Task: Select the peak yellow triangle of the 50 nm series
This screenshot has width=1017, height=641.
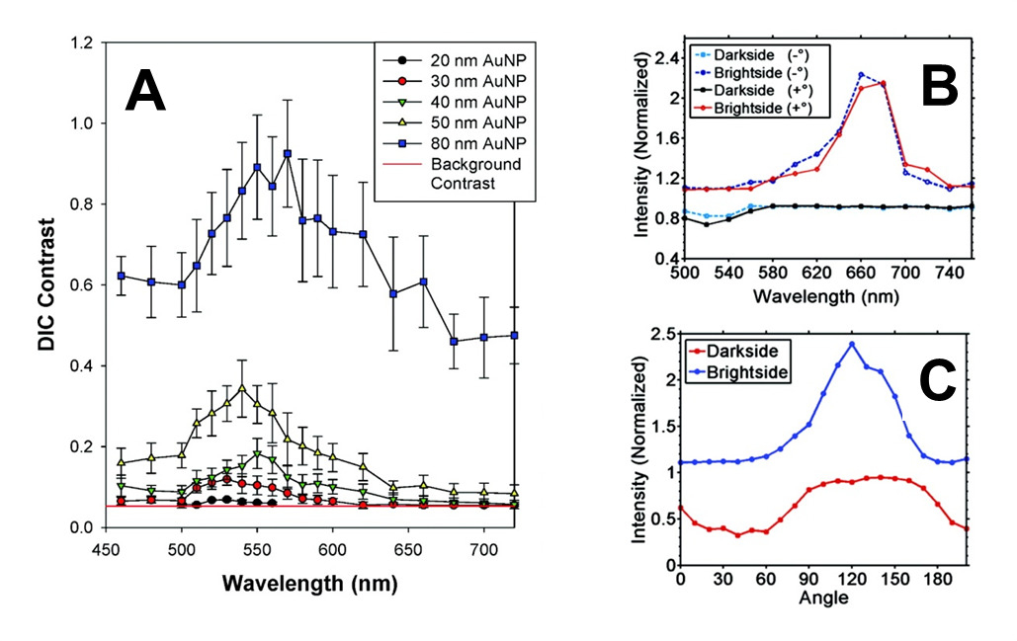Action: (x=241, y=387)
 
